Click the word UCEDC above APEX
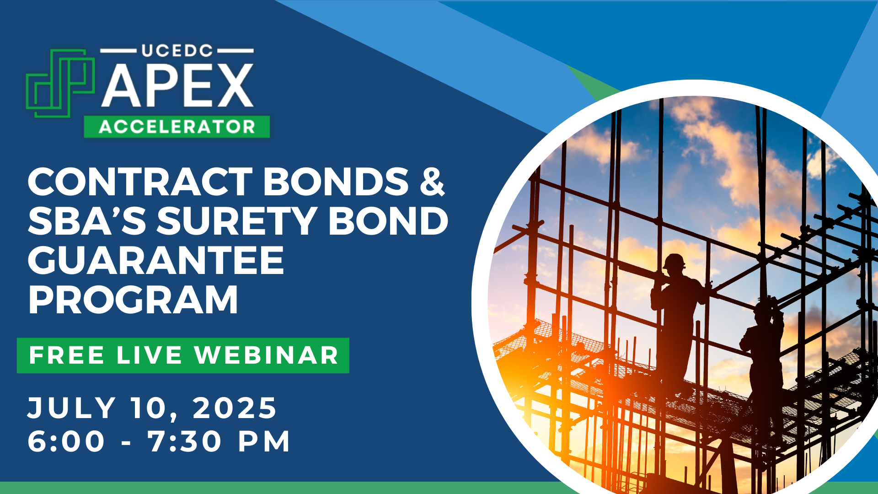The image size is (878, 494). coord(177,51)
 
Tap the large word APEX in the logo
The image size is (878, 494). coord(177,86)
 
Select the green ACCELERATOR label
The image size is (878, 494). coord(177,127)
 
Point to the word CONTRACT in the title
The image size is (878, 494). coord(140,182)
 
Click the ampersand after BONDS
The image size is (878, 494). coord(432,182)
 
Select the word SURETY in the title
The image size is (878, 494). coord(236,221)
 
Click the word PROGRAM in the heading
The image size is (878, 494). coord(133,300)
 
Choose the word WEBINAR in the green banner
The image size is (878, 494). coord(266,355)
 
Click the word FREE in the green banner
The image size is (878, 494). coord(67,355)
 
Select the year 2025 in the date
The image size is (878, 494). coord(235,408)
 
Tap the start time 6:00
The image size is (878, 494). coord(67,441)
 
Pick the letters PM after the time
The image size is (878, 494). coord(264,441)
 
